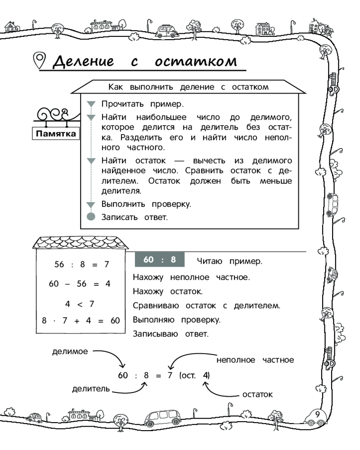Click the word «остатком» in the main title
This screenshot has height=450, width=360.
tap(196, 61)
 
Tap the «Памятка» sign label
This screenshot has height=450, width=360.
tap(56, 134)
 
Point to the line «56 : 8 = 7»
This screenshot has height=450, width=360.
tap(81, 265)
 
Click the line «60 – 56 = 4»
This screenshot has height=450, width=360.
tap(80, 284)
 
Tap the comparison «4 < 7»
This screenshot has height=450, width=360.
tap(80, 304)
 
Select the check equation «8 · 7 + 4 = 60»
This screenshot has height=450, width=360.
tap(81, 321)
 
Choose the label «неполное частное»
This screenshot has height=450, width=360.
tap(255, 360)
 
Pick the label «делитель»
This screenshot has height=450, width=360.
tap(91, 389)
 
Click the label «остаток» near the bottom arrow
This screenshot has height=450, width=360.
tap(257, 395)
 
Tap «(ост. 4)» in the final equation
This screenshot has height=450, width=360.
tap(194, 375)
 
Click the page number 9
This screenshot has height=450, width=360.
tap(318, 414)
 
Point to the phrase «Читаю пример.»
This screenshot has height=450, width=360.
tap(229, 261)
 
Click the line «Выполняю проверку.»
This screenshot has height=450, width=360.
tap(176, 320)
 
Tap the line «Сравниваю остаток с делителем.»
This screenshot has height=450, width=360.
tap(207, 306)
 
